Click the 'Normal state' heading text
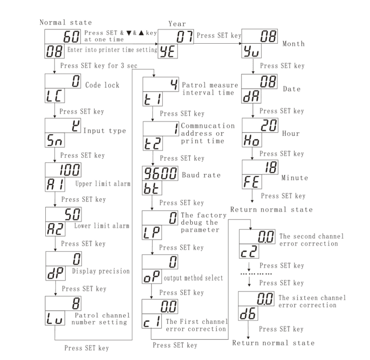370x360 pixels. [66, 22]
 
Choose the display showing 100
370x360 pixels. [63, 169]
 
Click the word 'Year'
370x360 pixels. [177, 23]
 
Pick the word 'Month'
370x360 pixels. [294, 44]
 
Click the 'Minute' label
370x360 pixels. [293, 178]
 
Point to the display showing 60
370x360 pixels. [63, 36]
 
